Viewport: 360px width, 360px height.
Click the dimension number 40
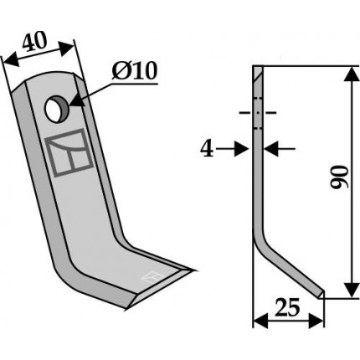tap(33, 42)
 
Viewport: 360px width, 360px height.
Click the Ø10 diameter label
tap(135, 70)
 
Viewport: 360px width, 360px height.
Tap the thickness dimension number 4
tap(207, 149)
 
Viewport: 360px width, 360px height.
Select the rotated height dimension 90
tap(338, 177)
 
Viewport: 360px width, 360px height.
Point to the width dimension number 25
tap(287, 307)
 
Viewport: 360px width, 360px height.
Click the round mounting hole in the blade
tap(57, 109)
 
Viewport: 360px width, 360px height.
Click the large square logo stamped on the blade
tap(69, 152)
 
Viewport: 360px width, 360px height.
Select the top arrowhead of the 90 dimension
tap(352, 74)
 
